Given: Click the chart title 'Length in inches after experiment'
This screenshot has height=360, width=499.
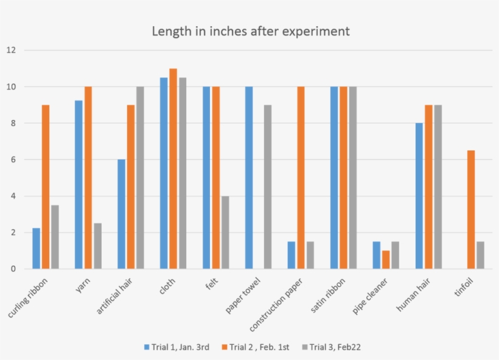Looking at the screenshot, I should pyautogui.click(x=250, y=31).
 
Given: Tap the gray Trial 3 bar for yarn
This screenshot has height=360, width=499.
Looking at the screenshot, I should pyautogui.click(x=97, y=246).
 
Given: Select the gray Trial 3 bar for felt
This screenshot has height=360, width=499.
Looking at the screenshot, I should pyautogui.click(x=225, y=232).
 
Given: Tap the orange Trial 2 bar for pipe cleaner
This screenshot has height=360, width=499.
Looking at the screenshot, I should pyautogui.click(x=386, y=259).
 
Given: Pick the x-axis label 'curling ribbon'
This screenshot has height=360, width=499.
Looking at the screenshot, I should pyautogui.click(x=28, y=299).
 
